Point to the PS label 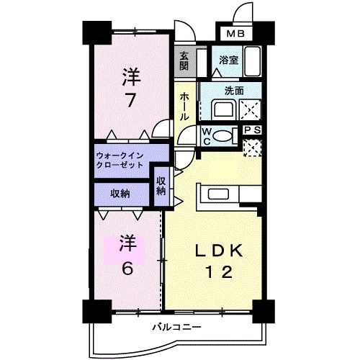251,130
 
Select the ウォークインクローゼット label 120,161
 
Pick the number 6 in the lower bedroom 127,268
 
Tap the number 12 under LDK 215,273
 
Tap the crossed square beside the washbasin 251,110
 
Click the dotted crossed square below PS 251,146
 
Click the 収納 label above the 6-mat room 120,194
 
